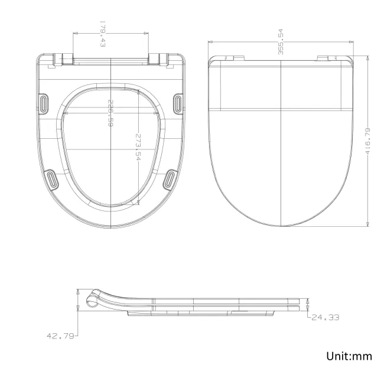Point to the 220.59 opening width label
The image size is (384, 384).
pyautogui.click(x=110, y=113)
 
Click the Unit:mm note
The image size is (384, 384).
pyautogui.click(x=349, y=356)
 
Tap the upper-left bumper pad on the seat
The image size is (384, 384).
pyautogui.click(x=45, y=102)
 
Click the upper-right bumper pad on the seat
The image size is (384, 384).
pyautogui.click(x=178, y=102)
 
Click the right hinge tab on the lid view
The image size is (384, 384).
pyautogui.click(x=326, y=58)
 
